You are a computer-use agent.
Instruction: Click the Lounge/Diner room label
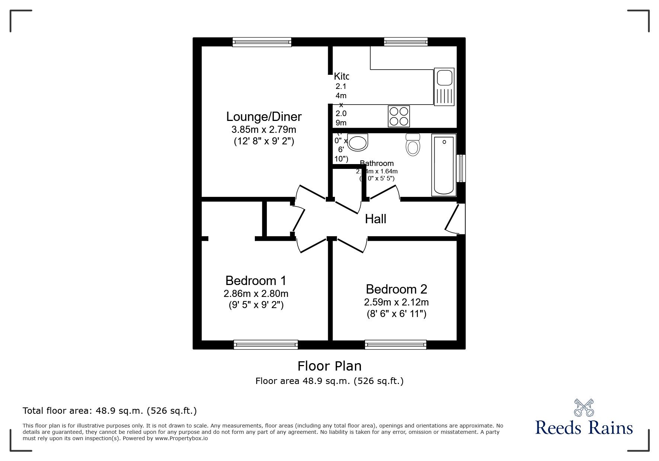(264, 117)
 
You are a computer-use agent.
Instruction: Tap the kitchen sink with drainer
(444, 87)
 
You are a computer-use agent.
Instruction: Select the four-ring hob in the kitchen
(399, 116)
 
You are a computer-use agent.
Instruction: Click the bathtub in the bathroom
(444, 165)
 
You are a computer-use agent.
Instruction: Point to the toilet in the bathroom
(413, 145)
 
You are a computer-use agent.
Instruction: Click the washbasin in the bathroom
(358, 142)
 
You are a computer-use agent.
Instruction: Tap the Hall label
(375, 219)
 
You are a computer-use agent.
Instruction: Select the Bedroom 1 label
(256, 280)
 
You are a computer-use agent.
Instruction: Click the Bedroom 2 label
(396, 289)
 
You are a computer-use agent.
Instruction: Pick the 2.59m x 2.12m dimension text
(396, 302)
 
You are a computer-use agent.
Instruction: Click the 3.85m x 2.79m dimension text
(264, 129)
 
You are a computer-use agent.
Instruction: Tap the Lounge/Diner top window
(262, 42)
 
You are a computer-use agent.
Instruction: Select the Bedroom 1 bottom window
(266, 345)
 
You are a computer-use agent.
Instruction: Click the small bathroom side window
(461, 168)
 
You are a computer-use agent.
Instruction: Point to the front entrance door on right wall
(455, 219)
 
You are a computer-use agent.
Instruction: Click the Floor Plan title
(329, 366)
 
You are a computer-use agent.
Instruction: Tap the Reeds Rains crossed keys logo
(584, 408)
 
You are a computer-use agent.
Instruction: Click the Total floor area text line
(110, 411)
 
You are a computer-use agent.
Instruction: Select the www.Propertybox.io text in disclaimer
(181, 438)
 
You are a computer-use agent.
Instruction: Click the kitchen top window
(406, 42)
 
